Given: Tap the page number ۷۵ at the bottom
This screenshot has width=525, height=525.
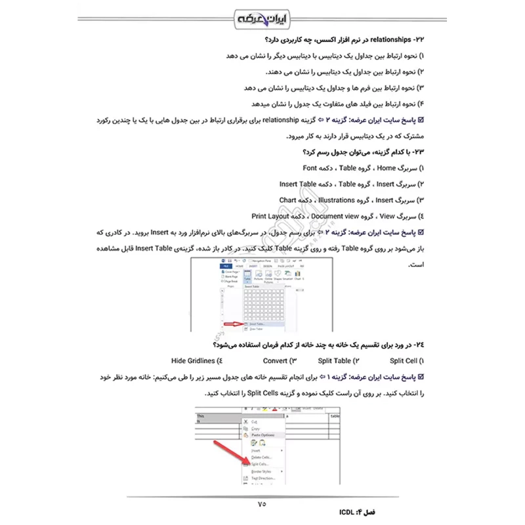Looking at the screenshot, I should tap(262, 504).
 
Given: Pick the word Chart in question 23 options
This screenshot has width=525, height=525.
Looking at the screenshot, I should tap(289, 199).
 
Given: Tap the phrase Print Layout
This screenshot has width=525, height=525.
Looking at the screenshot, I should tap(272, 215).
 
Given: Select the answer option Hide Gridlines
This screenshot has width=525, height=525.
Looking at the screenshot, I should tap(194, 360).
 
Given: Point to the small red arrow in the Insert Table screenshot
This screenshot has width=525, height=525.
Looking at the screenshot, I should tap(232, 324).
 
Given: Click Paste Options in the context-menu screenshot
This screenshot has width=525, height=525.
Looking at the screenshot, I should tap(263, 435).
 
